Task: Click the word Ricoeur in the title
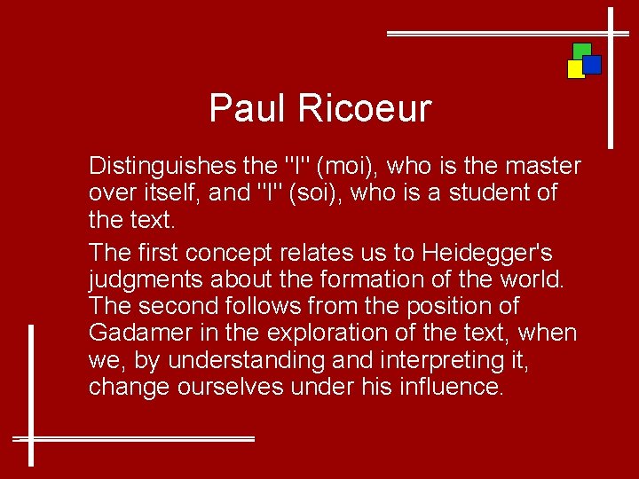[x=364, y=109]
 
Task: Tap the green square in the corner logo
[x=582, y=50]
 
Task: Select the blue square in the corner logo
[x=593, y=65]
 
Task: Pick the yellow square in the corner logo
[x=575, y=69]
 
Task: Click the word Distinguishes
[x=162, y=166]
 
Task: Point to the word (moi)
[x=342, y=166]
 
